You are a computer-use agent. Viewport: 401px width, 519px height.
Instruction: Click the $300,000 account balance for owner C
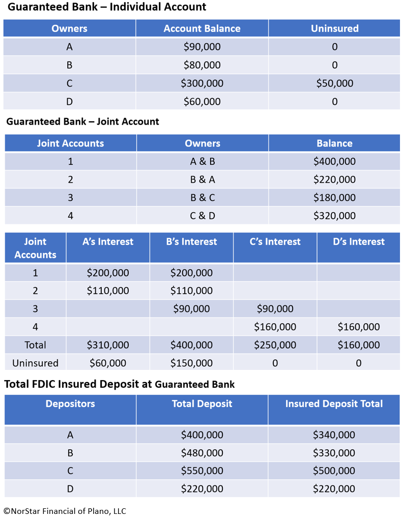[202, 83]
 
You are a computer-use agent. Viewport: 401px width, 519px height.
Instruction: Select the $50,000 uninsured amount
[334, 83]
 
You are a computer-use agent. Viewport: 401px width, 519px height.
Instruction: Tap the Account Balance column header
[202, 28]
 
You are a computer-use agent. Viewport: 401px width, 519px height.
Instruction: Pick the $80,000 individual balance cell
[202, 65]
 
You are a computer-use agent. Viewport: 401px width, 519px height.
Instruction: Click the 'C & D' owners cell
[203, 216]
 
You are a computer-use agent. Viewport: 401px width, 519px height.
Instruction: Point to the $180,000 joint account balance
[334, 197]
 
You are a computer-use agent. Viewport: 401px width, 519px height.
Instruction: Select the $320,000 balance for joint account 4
[334, 216]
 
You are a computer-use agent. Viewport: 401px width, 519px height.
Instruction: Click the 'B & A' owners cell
[203, 180]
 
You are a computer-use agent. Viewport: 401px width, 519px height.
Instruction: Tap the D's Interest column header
[359, 242]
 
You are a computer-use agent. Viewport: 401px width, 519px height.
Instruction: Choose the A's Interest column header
[108, 242]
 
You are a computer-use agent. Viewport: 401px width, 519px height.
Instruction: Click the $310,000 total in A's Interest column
[108, 345]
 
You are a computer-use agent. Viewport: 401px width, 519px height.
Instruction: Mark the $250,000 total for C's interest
[275, 345]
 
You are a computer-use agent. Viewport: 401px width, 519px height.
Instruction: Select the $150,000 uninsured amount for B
[191, 363]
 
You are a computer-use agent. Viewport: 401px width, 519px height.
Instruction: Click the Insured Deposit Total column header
[334, 404]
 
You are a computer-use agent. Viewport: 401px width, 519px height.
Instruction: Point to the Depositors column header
[70, 404]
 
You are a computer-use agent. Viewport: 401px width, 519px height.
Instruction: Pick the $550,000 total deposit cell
[202, 471]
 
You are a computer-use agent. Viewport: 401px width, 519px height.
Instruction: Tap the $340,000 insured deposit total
[334, 435]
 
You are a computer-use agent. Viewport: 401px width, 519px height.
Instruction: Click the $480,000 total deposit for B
[202, 453]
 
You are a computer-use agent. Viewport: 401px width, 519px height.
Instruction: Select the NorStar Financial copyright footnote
[65, 511]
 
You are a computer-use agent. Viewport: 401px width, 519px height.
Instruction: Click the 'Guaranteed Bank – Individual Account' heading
[107, 7]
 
